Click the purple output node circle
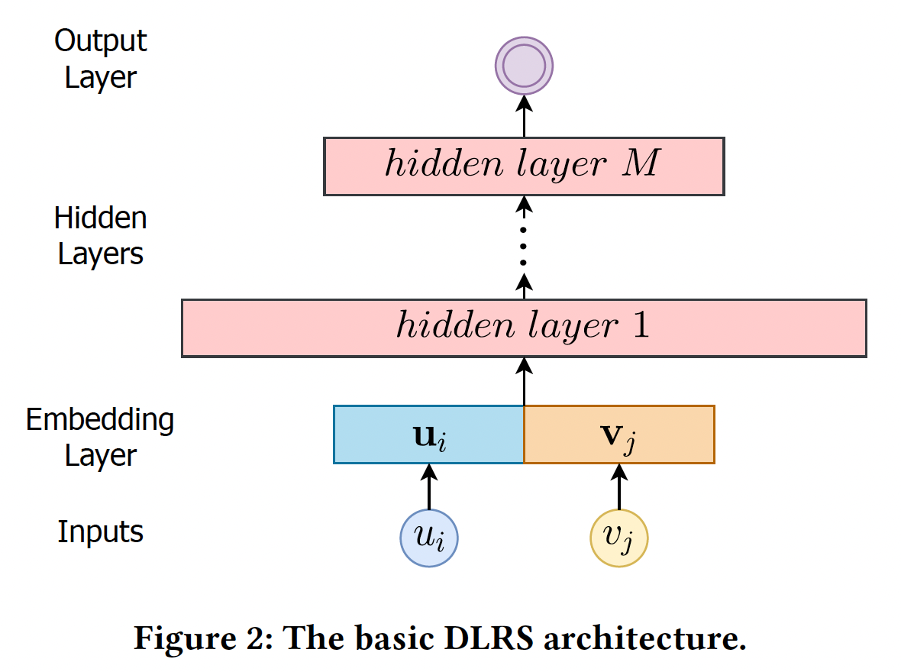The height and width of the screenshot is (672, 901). [x=524, y=66]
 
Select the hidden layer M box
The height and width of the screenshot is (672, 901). [x=524, y=166]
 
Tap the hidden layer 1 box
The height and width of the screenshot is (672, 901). [x=524, y=328]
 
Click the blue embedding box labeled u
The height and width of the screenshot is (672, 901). [x=429, y=435]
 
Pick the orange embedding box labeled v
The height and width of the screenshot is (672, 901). [x=619, y=435]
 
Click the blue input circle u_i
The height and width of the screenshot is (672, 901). [x=429, y=538]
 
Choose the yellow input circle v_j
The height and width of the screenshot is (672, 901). [x=619, y=538]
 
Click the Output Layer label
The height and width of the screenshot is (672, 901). [x=100, y=59]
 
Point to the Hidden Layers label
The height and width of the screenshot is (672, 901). [x=100, y=236]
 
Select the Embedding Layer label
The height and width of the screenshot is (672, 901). [x=100, y=438]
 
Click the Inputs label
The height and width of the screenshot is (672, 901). [x=100, y=531]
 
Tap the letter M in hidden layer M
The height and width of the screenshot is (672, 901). [x=640, y=165]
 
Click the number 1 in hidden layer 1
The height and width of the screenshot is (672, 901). [x=639, y=327]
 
